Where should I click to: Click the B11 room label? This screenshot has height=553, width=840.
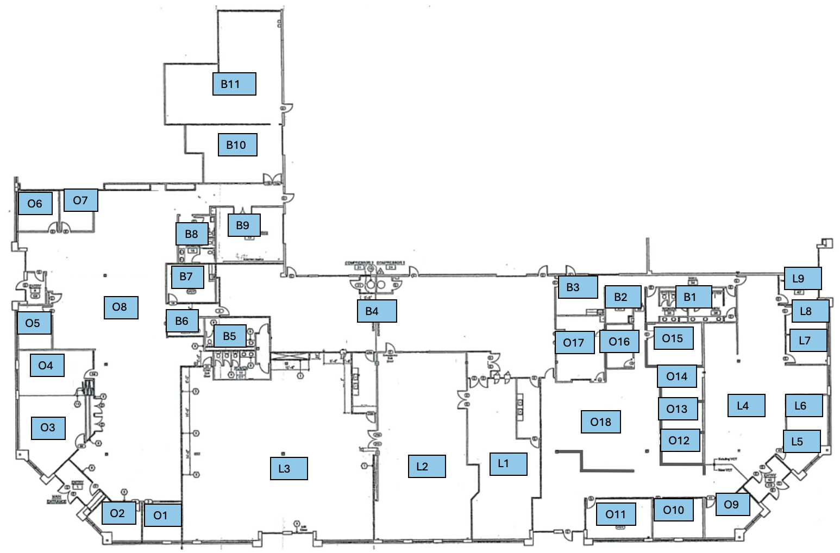pyautogui.click(x=234, y=84)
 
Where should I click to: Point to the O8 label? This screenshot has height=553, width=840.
pyautogui.click(x=120, y=307)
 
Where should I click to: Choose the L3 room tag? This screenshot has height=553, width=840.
pyautogui.click(x=289, y=468)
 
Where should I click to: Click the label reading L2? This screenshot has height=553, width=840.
pyautogui.click(x=427, y=466)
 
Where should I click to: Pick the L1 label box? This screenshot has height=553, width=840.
pyautogui.click(x=508, y=464)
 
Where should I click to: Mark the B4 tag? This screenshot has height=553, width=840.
pyautogui.click(x=377, y=311)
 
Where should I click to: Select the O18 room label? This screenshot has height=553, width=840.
pyautogui.click(x=600, y=422)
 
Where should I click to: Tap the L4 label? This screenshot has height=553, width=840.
pyautogui.click(x=746, y=405)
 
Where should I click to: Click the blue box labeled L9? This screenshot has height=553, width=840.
pyautogui.click(x=802, y=279)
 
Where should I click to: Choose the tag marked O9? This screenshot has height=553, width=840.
pyautogui.click(x=732, y=505)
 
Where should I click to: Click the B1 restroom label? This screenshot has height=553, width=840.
pyautogui.click(x=693, y=297)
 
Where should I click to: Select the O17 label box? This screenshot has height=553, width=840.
pyautogui.click(x=574, y=343)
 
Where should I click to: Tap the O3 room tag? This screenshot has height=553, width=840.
pyautogui.click(x=48, y=428)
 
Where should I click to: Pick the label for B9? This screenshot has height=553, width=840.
pyautogui.click(x=243, y=225)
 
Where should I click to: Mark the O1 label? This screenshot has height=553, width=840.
pyautogui.click(x=162, y=516)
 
